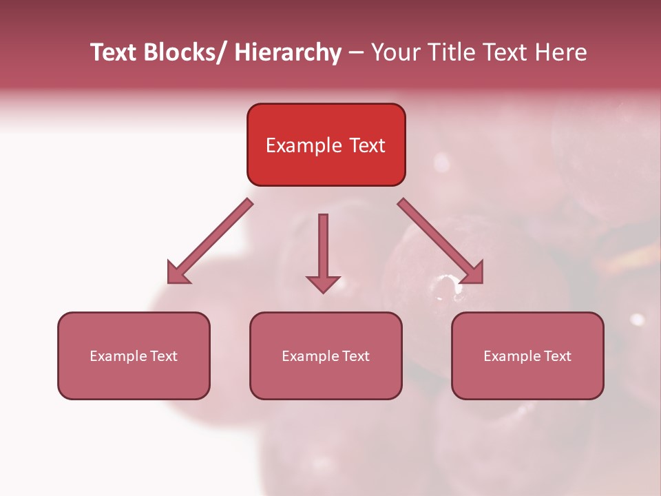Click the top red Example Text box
pyautogui.click(x=326, y=145)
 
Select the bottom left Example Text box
pyautogui.click(x=134, y=355)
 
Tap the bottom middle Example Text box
pyautogui.click(x=326, y=355)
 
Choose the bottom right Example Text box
pyautogui.click(x=527, y=355)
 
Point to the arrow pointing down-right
pyautogui.click(x=441, y=241)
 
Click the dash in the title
pyautogui.click(x=356, y=52)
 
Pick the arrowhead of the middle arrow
pyautogui.click(x=323, y=283)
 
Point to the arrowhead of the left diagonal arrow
pyautogui.click(x=179, y=273)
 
